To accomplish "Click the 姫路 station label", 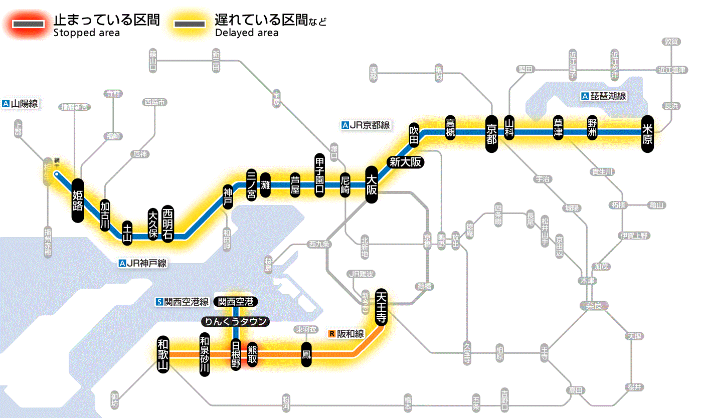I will (77, 200).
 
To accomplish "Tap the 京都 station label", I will (491, 133).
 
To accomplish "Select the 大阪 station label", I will (372, 185).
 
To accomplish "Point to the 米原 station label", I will (647, 133).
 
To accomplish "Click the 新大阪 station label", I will (405, 162).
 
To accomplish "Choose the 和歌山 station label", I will (163, 353).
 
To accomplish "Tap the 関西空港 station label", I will (236, 302).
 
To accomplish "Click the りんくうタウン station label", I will (236, 322).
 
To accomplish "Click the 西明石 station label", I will (167, 224).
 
